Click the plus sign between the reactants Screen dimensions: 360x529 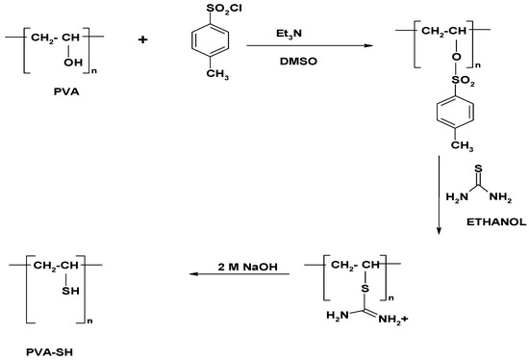click(x=157, y=42)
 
